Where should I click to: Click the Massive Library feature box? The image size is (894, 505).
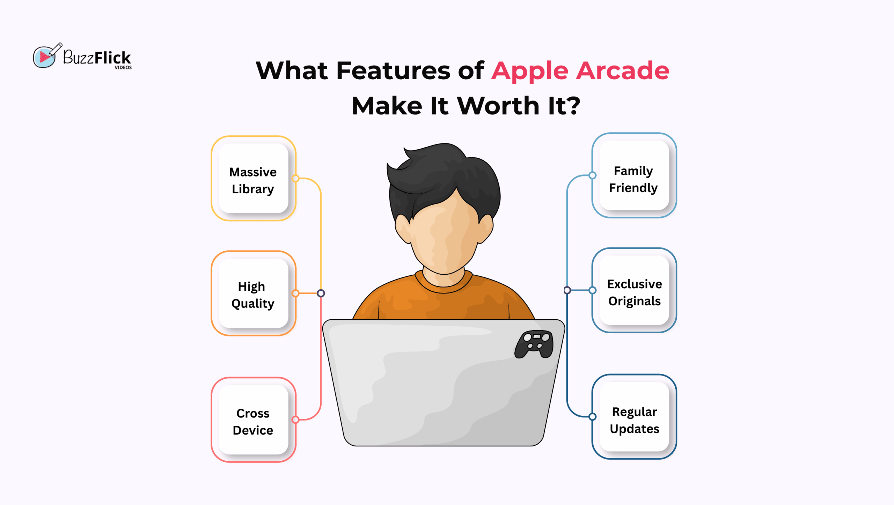(254, 178)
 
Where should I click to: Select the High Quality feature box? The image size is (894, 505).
(254, 293)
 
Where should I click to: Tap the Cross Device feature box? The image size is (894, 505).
(254, 419)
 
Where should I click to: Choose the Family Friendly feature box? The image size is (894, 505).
(634, 175)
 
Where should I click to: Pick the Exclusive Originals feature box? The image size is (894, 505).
(634, 290)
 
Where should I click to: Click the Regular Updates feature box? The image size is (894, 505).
(634, 417)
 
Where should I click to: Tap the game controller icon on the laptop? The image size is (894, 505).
(534, 344)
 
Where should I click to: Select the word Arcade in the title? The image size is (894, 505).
(623, 70)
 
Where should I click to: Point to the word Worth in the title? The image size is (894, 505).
(498, 105)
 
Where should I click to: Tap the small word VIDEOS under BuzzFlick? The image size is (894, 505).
(123, 67)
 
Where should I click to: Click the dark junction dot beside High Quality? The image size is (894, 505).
(321, 293)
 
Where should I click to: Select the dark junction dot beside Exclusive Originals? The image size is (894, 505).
(567, 290)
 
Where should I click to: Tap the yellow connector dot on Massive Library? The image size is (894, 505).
(295, 178)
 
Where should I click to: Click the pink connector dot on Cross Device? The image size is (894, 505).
(295, 419)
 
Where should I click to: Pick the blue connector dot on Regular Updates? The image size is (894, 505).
(592, 417)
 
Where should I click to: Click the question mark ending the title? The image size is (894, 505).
(573, 105)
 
